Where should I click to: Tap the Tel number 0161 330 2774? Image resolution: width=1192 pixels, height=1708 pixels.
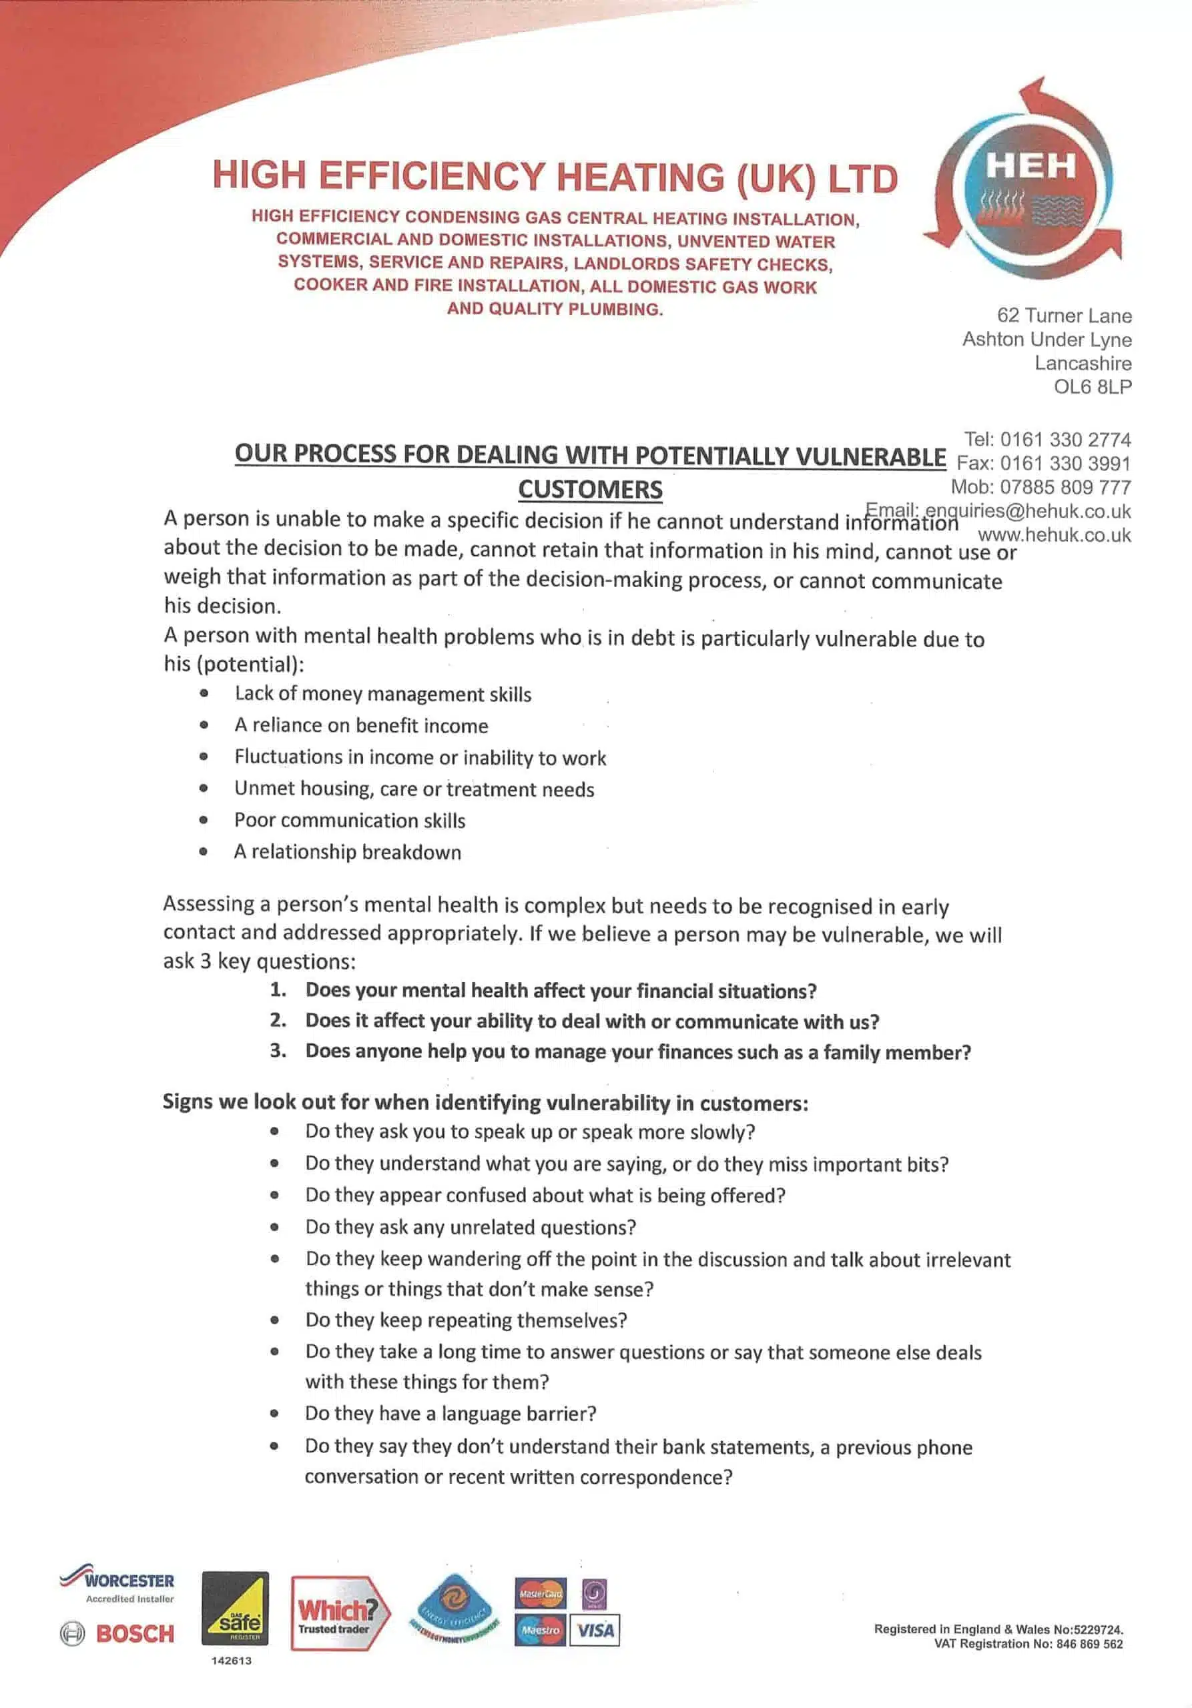coord(1065,440)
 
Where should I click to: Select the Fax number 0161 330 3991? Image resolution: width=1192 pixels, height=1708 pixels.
coord(1065,464)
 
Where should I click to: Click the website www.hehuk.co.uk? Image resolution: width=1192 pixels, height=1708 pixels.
coord(1055,535)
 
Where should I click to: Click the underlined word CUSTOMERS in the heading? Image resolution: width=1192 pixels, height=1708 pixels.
coord(590,490)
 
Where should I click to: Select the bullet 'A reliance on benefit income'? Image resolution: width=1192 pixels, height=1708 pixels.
coord(361,725)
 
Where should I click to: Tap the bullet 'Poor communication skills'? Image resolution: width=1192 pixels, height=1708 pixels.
coord(350,821)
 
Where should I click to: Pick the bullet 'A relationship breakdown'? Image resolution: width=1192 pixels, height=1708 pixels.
coord(348,852)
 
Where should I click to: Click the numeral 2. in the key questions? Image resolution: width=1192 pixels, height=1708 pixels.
coord(278,1020)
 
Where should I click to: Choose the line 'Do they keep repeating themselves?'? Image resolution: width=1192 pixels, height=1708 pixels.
coord(466,1320)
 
